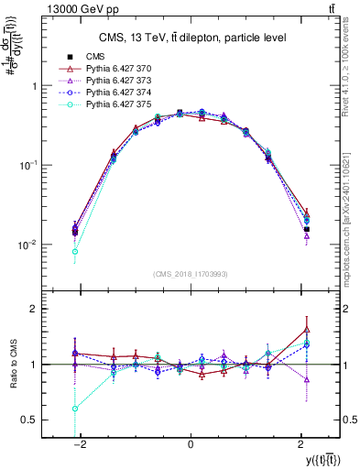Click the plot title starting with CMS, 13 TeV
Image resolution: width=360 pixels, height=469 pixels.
[189, 37]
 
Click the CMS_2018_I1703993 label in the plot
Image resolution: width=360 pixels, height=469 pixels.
[191, 274]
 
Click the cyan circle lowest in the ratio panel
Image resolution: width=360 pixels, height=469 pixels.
[75, 409]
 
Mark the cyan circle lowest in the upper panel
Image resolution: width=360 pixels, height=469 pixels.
[75, 251]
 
